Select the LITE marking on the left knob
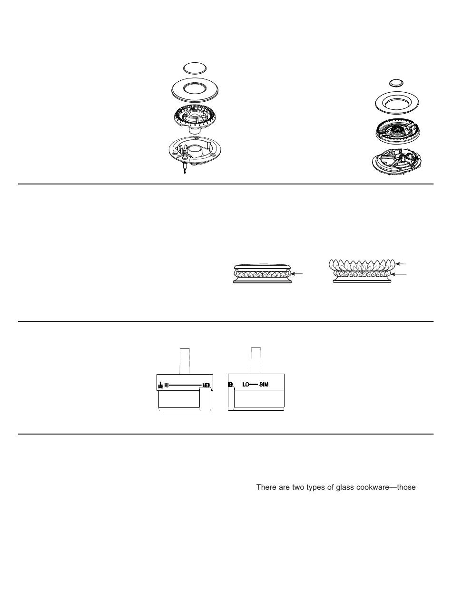coord(160,386)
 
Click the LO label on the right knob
coord(246,384)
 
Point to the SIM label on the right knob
coord(264,384)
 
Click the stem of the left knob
coord(184,360)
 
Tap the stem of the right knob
coord(256,360)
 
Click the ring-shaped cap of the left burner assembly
coord(197,89)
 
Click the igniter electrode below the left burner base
coord(184,170)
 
